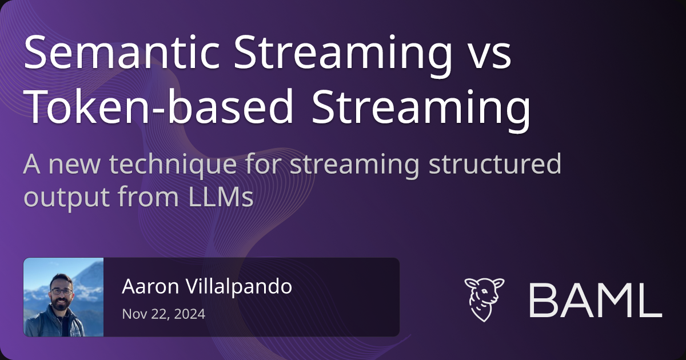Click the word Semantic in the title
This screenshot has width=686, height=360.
[x=122, y=52]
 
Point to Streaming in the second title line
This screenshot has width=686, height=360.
[x=421, y=110]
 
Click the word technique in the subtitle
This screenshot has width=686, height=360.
[x=173, y=165]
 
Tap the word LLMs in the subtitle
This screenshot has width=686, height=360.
[x=221, y=197]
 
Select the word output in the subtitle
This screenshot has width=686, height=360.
[x=66, y=198]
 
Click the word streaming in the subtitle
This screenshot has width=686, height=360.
[x=354, y=165]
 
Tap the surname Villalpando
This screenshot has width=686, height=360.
[x=239, y=287]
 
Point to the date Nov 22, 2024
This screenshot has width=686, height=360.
[x=163, y=314]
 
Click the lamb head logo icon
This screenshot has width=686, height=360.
[x=484, y=299]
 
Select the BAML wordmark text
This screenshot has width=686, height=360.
[x=595, y=301]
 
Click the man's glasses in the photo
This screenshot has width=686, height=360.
[x=62, y=291]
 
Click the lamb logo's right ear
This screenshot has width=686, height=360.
[x=498, y=283]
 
